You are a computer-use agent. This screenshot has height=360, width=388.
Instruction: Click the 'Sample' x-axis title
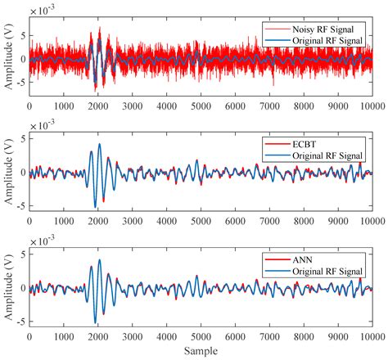point(201,352)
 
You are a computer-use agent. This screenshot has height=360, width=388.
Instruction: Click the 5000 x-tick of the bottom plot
point(201,335)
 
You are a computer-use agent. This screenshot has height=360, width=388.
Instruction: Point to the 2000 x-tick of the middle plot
point(97,221)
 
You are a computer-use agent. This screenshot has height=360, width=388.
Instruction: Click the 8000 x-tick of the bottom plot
point(304,335)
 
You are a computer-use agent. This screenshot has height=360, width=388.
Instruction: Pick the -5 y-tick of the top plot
point(19,81)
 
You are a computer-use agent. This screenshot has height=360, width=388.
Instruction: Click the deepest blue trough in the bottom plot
point(95,322)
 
